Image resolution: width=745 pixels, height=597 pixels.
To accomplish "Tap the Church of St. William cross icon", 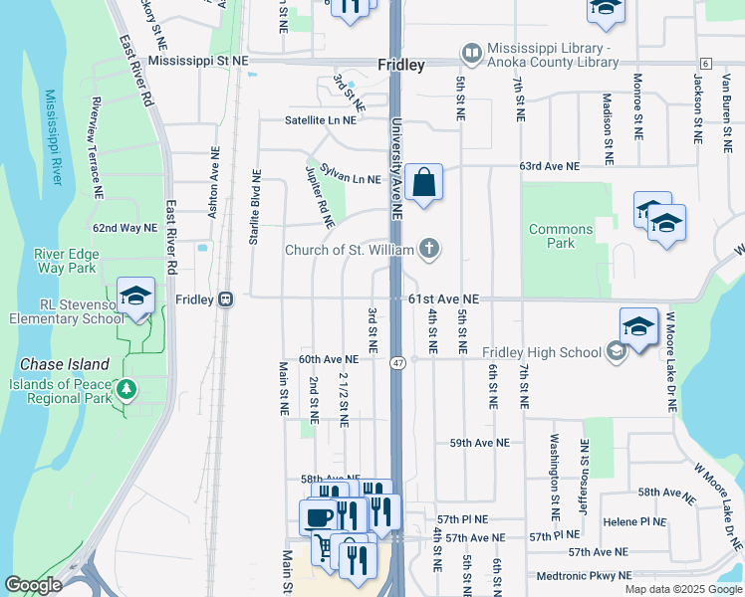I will (429, 248).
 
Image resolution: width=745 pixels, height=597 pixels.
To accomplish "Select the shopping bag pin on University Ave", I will (423, 183).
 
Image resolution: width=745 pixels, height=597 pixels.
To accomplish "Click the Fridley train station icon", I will (226, 298).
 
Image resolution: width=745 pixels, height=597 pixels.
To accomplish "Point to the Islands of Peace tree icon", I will (126, 389).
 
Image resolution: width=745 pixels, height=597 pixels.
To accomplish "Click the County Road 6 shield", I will (705, 63).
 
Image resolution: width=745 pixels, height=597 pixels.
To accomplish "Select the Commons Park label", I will (561, 236).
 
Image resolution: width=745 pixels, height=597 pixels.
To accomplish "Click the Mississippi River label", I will (52, 137).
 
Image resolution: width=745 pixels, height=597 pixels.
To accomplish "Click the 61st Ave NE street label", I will (444, 298).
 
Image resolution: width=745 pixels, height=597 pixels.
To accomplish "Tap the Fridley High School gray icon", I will (617, 351).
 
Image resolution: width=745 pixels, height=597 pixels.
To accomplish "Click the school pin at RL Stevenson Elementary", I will (135, 295).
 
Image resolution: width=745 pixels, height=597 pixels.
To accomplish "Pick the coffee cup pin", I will (319, 517).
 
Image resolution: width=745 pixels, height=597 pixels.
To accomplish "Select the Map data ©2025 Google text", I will (682, 589).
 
